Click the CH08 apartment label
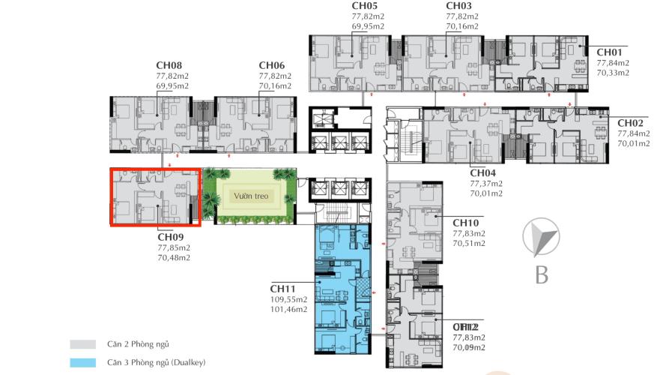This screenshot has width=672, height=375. (x=169, y=65)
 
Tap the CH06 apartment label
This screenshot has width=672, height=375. (x=271, y=65)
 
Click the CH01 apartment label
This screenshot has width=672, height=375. (x=609, y=52)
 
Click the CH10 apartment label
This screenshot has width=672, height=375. (x=465, y=223)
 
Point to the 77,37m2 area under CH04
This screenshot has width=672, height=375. (x=485, y=183)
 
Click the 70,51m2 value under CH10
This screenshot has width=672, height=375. (x=469, y=244)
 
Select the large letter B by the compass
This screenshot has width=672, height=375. (x=542, y=275)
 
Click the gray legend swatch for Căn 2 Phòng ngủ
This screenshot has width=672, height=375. (x=82, y=344)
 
